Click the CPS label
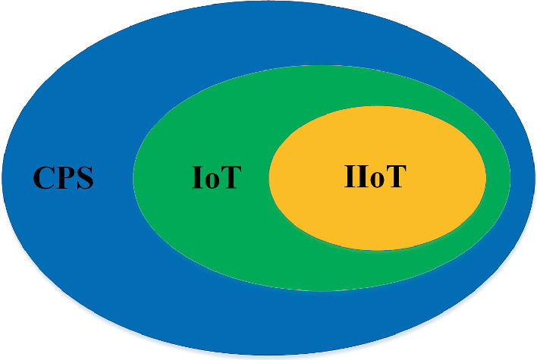click(64, 179)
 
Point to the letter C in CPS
click(44, 179)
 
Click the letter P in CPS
click(64, 179)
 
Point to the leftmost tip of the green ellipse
click(133, 178)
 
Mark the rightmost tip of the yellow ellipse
click(485, 177)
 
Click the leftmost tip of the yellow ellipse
click(269, 178)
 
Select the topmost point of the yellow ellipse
click(378, 106)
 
